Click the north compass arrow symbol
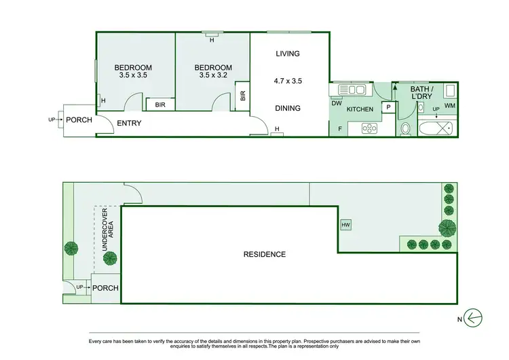pos(474,317)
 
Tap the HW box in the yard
pos(346,225)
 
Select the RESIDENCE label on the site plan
pos(265,255)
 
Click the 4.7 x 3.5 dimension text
pos(288,81)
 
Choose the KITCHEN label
pos(360,109)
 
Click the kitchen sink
pos(352,90)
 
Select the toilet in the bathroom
pos(406,128)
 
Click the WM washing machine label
pos(451,105)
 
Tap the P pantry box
pos(389,107)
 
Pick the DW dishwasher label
pos(337,104)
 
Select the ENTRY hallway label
pos(129,123)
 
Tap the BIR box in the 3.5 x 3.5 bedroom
pos(160,104)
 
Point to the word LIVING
pos(288,54)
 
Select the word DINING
pos(288,108)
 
